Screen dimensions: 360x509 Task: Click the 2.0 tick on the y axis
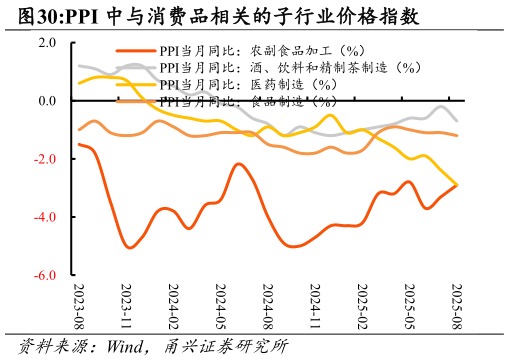pyautogui.click(x=47, y=43)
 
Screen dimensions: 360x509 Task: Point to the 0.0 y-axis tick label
pyautogui.click(x=47, y=101)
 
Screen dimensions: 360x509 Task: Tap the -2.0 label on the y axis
pyautogui.click(x=45, y=159)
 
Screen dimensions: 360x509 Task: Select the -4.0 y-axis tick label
pyautogui.click(x=45, y=217)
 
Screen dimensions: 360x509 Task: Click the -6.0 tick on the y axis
pyautogui.click(x=45, y=275)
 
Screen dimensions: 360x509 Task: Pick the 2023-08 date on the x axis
pyautogui.click(x=79, y=306)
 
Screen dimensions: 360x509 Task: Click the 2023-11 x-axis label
pyautogui.click(x=126, y=306)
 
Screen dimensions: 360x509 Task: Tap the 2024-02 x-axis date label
pyautogui.click(x=173, y=306)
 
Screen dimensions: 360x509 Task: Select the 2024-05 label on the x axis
pyautogui.click(x=220, y=306)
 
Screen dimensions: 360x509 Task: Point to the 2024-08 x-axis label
pyautogui.click(x=268, y=306)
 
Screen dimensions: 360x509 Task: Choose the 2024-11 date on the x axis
pyautogui.click(x=315, y=306)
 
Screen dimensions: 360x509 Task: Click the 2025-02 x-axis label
pyautogui.click(x=362, y=306)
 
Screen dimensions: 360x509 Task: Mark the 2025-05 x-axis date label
pyautogui.click(x=409, y=306)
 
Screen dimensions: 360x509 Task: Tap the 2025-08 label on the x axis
pyautogui.click(x=457, y=306)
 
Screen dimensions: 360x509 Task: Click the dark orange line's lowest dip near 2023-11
pyautogui.click(x=131, y=247)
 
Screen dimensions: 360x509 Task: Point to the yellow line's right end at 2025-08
pyautogui.click(x=457, y=185)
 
